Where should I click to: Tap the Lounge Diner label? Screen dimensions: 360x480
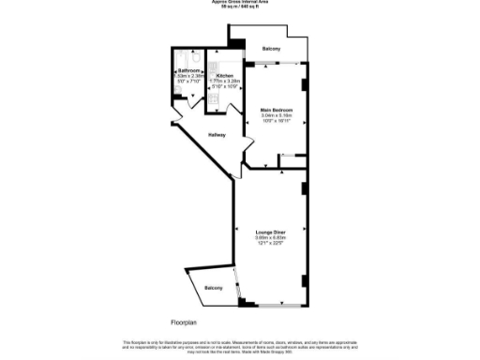[271, 231]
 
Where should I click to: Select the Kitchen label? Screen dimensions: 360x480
[225, 75]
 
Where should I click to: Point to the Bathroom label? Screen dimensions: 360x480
[189, 70]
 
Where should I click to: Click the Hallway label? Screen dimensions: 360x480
[217, 135]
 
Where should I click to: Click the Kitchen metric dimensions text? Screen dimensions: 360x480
[225, 81]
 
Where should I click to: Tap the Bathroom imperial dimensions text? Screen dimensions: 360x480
[189, 82]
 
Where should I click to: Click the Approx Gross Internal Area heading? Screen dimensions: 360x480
[239, 4]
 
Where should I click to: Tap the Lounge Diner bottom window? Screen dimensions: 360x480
[278, 307]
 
